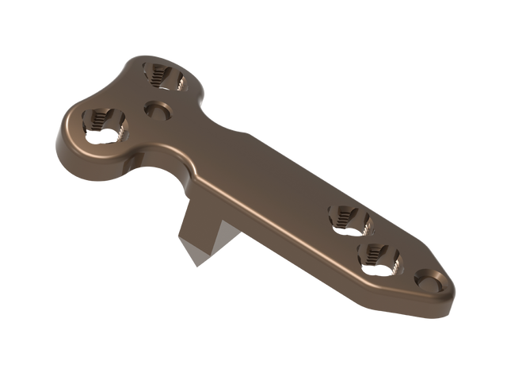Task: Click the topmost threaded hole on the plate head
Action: coord(165,76)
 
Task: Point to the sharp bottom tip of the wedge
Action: coord(193,265)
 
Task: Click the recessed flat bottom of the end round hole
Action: coord(429,282)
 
